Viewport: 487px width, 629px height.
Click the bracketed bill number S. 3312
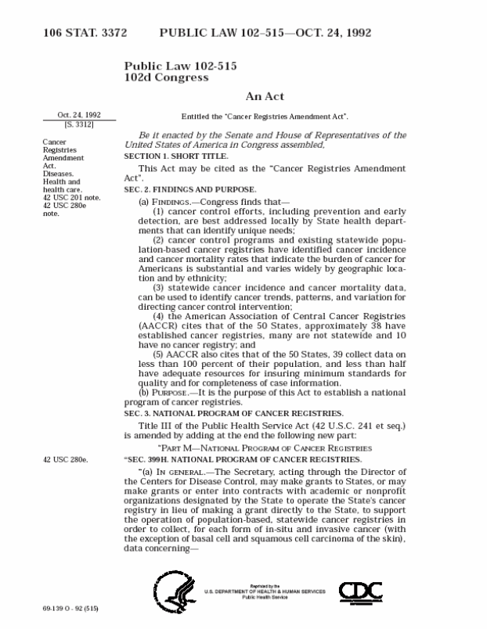click(78, 124)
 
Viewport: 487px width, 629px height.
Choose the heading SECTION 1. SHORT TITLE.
click(172, 156)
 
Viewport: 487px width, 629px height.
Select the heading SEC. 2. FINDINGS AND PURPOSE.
click(190, 189)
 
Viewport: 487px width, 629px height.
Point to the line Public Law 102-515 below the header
click(180, 66)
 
